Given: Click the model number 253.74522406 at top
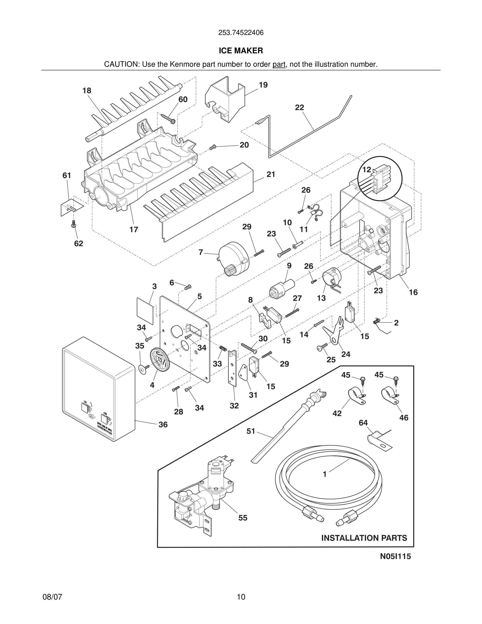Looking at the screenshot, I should coord(241,33).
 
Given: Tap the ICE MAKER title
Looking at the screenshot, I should coord(241,51).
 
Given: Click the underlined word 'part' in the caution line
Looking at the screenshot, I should coord(279,65).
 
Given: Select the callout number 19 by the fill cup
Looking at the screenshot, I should coord(263,85).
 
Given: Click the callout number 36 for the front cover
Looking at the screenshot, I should coord(163,425).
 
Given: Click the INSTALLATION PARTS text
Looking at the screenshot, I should coord(364,538).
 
